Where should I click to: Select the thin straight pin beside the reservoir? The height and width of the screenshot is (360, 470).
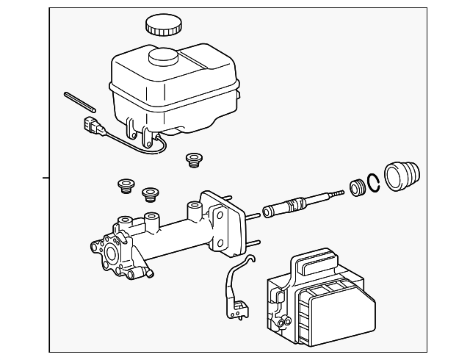(77, 101)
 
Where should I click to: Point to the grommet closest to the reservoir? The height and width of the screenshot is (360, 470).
(194, 159)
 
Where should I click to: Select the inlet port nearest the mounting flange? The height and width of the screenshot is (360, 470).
(195, 210)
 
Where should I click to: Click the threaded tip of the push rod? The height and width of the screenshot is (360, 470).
(337, 192)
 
